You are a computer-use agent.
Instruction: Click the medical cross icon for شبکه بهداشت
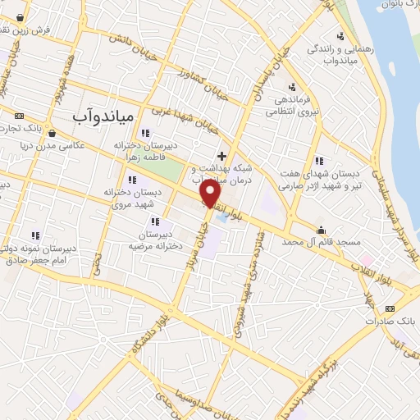click(221, 155)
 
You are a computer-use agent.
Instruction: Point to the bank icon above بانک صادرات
click(389, 307)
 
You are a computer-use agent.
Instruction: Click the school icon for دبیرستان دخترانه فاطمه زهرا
click(146, 134)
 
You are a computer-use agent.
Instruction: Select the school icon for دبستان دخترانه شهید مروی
click(131, 180)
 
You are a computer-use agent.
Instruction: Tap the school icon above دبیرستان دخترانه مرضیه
click(154, 221)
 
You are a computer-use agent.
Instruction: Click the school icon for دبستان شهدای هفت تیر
click(319, 161)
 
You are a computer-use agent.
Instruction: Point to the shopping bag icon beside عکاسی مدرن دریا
click(52, 133)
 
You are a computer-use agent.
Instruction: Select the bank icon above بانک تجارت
click(20, 116)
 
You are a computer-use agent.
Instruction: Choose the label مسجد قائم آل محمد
click(313, 243)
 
